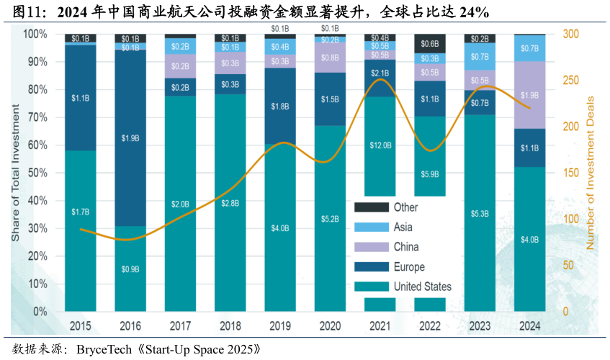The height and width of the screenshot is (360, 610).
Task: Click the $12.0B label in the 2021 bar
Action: click(380, 145)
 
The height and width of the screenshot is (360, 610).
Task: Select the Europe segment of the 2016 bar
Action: click(130, 137)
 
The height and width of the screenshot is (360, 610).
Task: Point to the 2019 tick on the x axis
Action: click(279, 326)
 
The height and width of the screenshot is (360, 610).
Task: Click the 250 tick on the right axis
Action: click(570, 80)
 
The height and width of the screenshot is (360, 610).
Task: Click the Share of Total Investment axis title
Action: click(15, 173)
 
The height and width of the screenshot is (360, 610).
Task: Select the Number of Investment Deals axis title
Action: click(591, 173)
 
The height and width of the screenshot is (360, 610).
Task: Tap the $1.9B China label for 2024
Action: click(529, 95)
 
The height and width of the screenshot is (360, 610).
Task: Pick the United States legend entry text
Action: click(422, 287)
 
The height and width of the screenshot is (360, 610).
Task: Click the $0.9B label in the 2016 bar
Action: click(130, 269)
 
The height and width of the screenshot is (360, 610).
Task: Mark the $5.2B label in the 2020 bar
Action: click(330, 218)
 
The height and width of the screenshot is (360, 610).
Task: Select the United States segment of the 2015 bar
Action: click(81, 230)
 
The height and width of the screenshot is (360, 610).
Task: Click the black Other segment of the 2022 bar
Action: click(430, 43)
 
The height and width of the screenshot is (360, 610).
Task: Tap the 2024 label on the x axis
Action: click(529, 326)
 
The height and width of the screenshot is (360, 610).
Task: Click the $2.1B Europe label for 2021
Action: click(380, 73)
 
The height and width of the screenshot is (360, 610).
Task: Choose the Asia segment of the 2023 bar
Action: click(480, 57)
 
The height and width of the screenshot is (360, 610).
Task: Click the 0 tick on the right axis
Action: click(565, 312)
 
